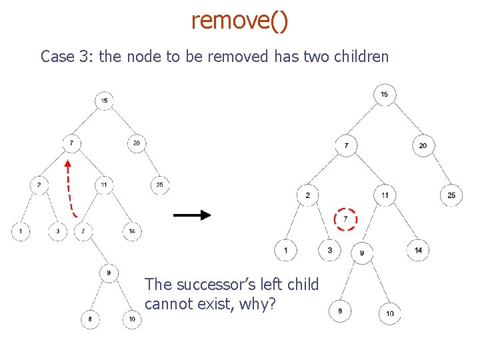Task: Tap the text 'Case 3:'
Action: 67,57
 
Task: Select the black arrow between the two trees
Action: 192,215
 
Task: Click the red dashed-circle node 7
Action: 345,219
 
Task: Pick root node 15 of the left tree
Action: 104,101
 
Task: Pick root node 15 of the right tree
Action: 384,94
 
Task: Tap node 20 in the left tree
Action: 137,143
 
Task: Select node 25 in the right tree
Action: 451,195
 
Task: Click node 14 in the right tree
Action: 418,250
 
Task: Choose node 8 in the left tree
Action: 90,320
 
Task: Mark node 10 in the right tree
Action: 390,313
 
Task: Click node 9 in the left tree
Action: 109,272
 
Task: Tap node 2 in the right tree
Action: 307,195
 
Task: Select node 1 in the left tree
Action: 21,231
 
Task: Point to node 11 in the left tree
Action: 104,184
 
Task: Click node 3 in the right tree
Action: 329,250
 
